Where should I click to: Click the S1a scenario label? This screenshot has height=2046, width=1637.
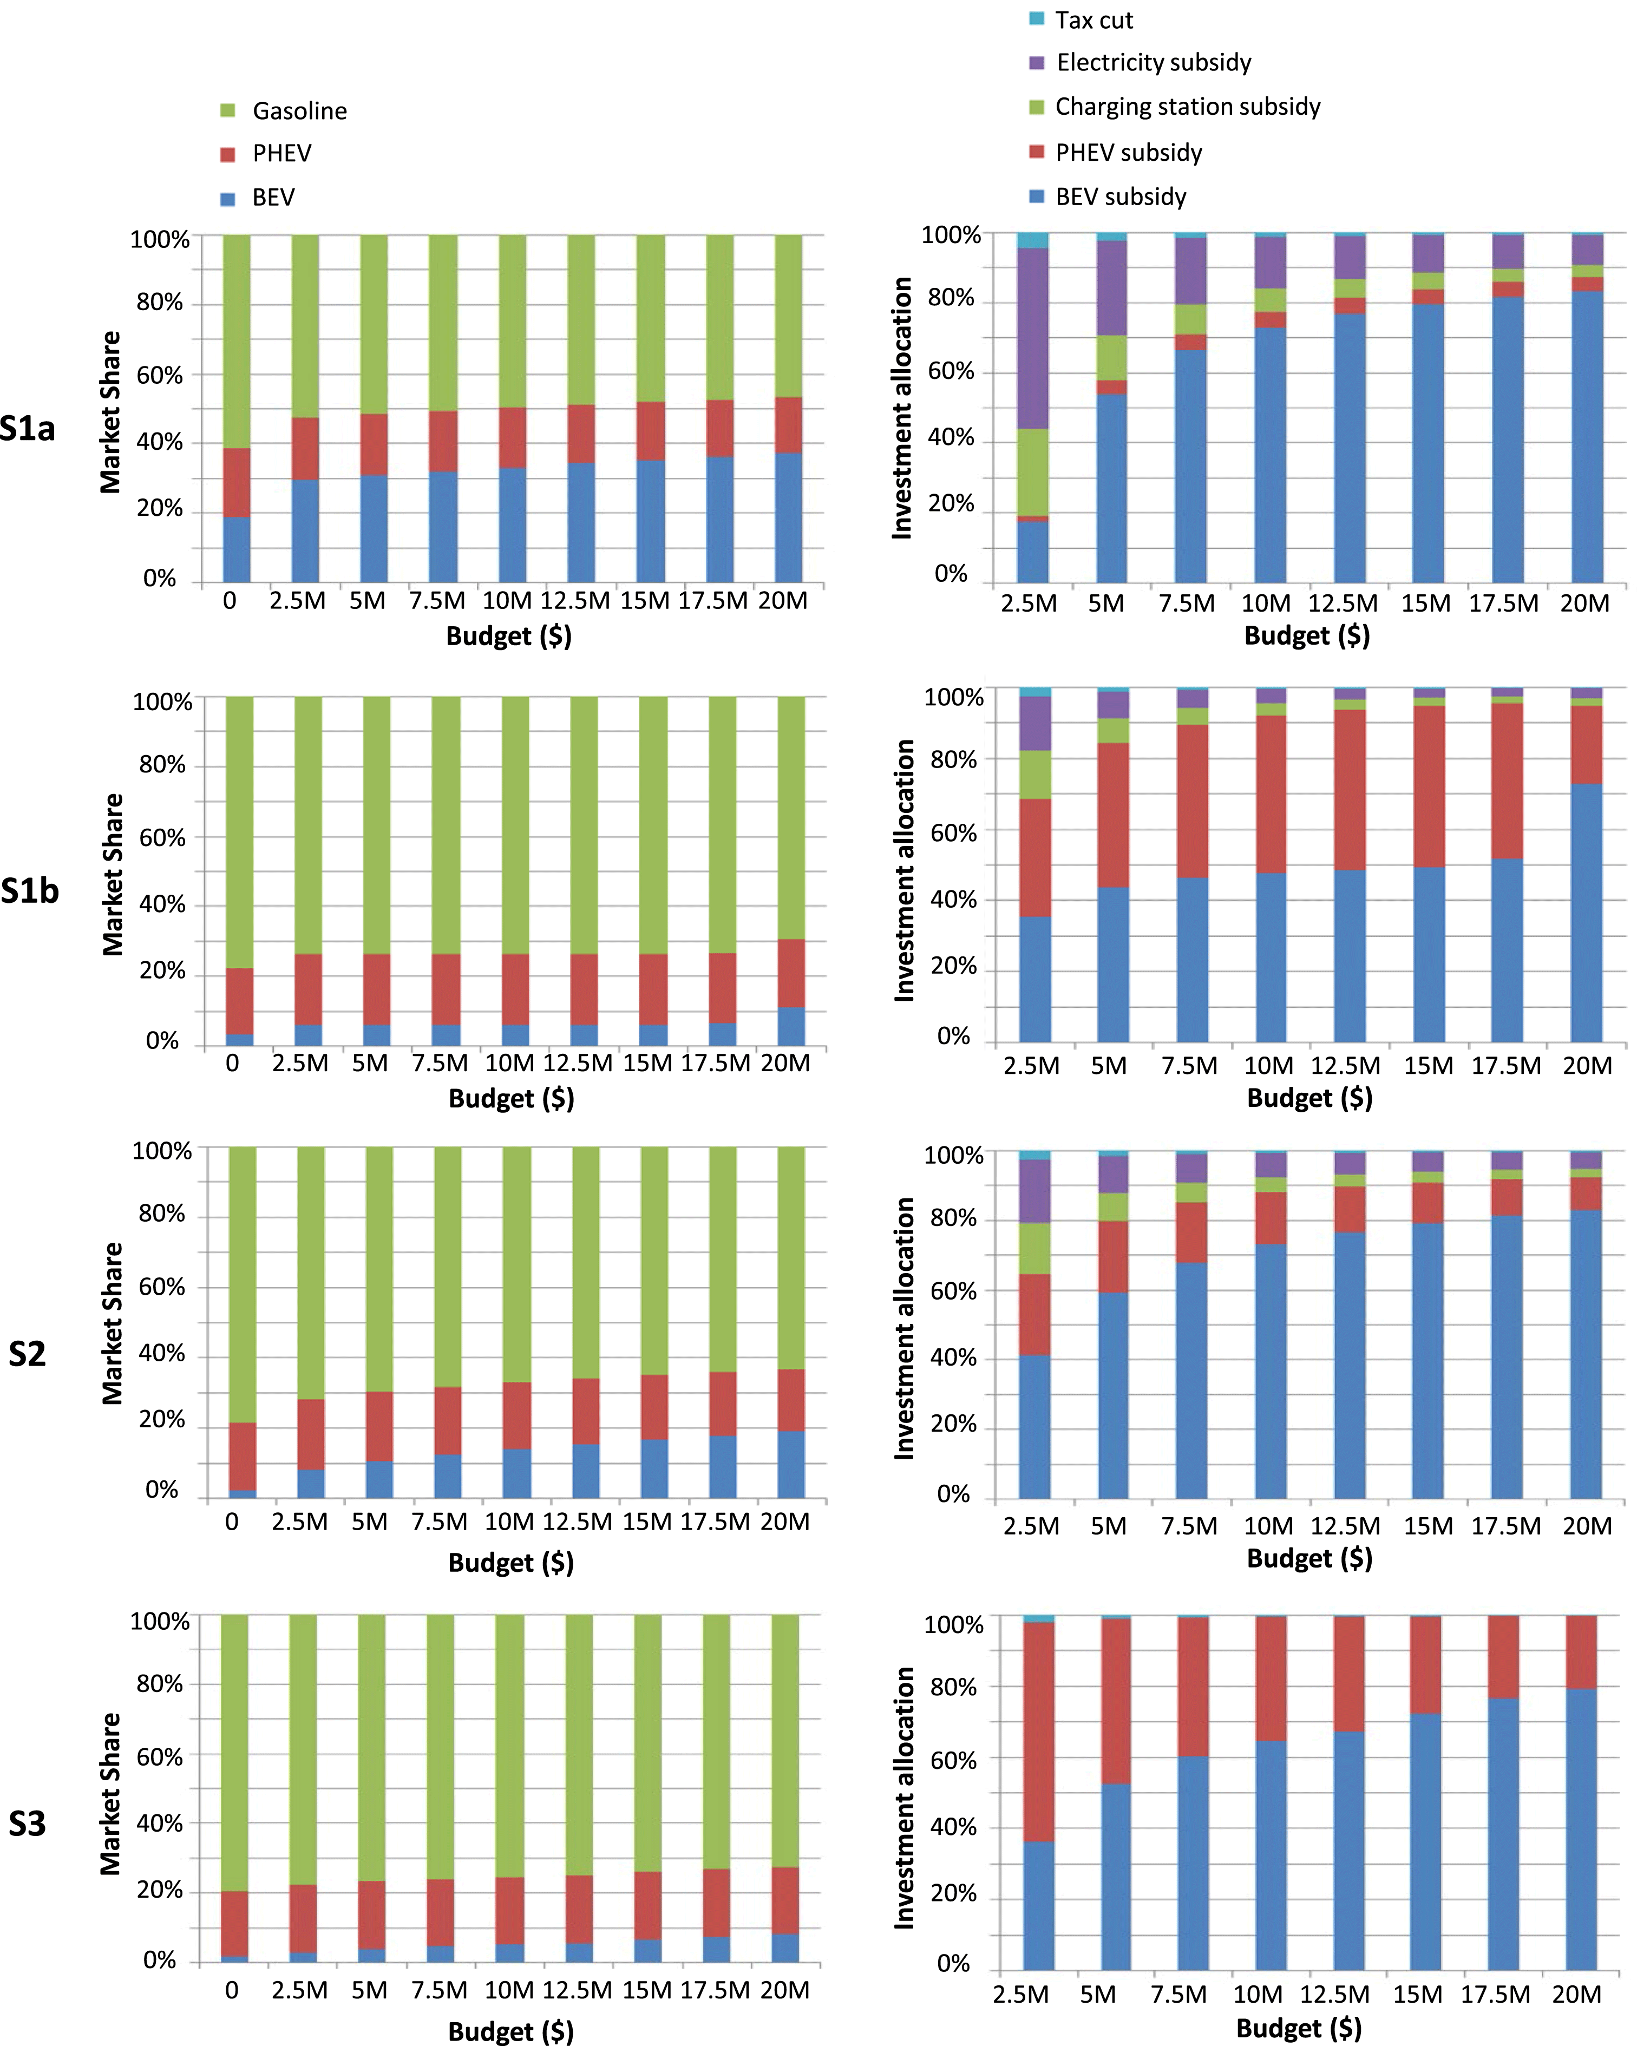tap(28, 429)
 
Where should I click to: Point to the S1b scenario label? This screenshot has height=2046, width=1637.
tap(29, 891)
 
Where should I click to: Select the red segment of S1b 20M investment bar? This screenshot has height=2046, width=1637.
tap(1586, 745)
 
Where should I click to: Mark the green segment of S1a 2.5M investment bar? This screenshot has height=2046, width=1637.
tap(1032, 473)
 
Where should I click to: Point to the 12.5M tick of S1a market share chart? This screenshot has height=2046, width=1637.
tap(575, 601)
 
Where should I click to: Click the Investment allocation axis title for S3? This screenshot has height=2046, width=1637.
tap(905, 1798)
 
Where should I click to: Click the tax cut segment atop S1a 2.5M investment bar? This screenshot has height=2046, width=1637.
tap(1032, 241)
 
